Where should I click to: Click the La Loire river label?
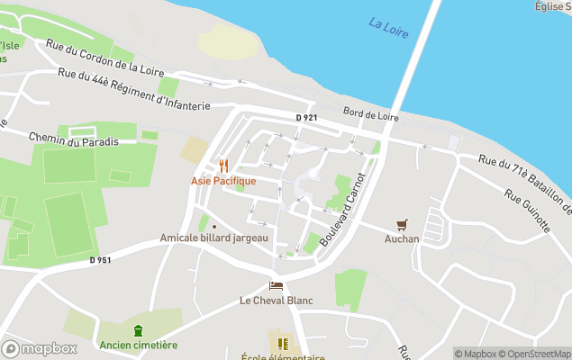coord(388,27)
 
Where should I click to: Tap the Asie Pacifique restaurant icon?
coord(223,166)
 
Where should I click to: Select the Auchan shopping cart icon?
coord(402,224)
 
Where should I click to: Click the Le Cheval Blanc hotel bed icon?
coord(276,285)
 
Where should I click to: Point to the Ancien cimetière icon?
coord(138,330)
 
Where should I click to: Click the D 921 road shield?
coord(307,118)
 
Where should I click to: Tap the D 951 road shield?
coord(101,260)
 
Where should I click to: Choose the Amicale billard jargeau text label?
coord(214,238)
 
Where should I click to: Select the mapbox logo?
coord(40,348)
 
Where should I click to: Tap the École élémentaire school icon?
coord(283,343)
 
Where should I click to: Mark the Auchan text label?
coord(402,238)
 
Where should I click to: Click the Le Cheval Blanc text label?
coord(277,300)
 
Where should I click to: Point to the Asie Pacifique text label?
coord(223,181)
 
